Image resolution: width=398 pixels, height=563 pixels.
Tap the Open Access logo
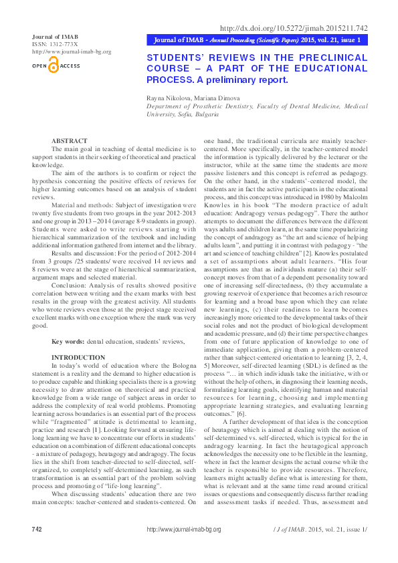pyautogui.click(x=56, y=66)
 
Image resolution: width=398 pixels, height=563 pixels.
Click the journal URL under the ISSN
pyautogui.click(x=72, y=51)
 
